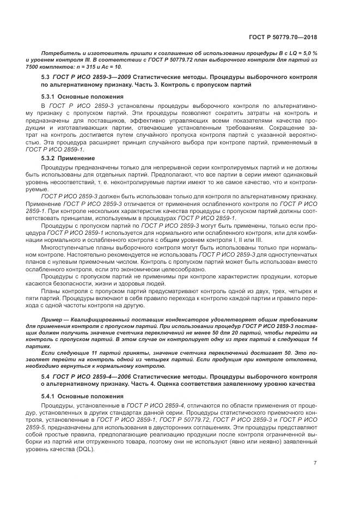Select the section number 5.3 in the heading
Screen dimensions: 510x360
tap(46, 77)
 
